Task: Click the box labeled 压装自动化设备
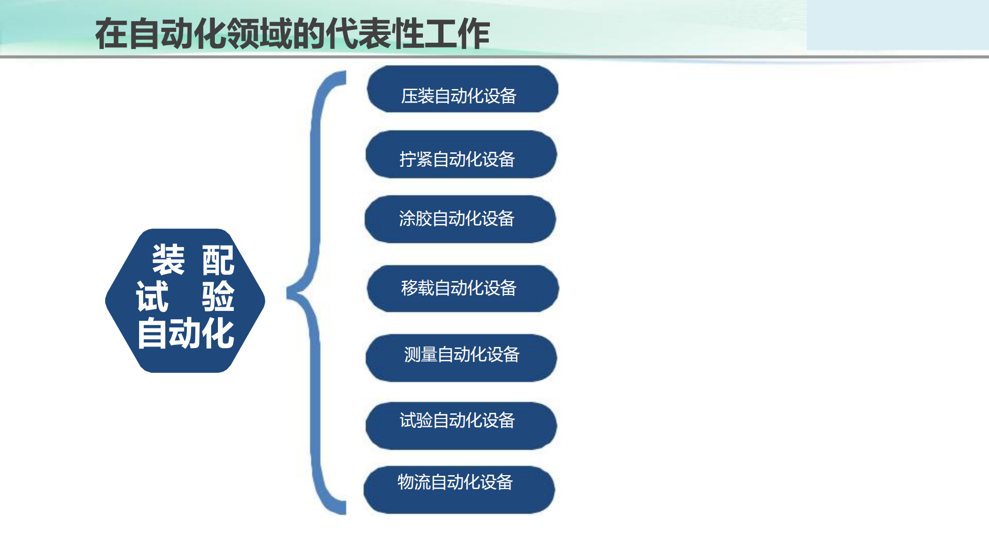(463, 89)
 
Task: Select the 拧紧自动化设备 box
(462, 154)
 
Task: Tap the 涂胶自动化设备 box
(461, 219)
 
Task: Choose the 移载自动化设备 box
(463, 289)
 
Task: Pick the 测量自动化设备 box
(462, 358)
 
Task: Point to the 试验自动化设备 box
(462, 426)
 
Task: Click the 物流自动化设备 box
(459, 490)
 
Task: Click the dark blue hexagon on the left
(185, 301)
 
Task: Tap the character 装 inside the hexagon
(168, 259)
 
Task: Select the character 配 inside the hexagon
(218, 260)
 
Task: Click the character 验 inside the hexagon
(218, 297)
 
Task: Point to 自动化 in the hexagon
(185, 333)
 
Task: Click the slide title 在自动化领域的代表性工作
(293, 34)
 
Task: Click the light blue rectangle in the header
(898, 25)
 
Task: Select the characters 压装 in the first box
(418, 96)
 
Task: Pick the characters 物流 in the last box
(414, 482)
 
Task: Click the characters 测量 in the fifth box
(421, 354)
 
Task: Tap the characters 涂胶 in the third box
(416, 218)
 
